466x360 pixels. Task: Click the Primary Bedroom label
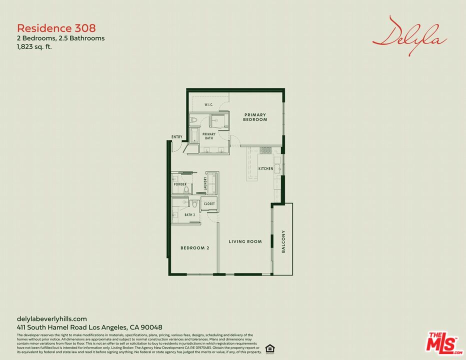[x=255, y=117]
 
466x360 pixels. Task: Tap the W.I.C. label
[x=209, y=105]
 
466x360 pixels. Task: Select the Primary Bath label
[x=209, y=136]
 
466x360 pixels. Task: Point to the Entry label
[x=177, y=137]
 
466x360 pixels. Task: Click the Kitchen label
[x=265, y=168]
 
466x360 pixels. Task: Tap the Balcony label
[x=283, y=241]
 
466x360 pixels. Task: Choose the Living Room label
[x=245, y=242]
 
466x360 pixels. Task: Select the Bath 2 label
[x=189, y=215]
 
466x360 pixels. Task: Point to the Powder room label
[x=180, y=184]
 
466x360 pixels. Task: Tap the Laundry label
[x=205, y=184]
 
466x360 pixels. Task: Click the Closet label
[x=209, y=204]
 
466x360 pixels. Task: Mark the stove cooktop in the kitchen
[x=265, y=150]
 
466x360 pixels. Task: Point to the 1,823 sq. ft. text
[x=34, y=47]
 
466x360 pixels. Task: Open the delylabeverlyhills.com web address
[x=52, y=318]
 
